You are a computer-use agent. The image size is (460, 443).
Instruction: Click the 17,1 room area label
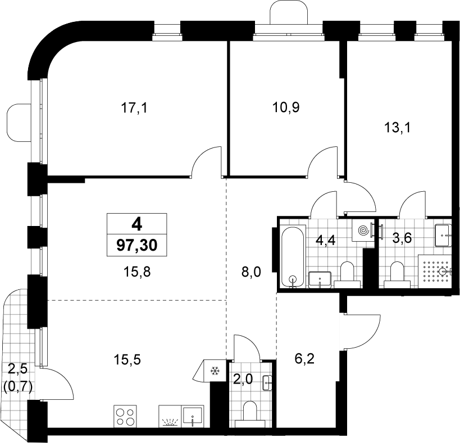click(x=134, y=108)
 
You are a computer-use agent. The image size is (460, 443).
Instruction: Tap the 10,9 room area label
click(x=286, y=107)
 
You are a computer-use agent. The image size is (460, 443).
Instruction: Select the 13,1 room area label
click(x=398, y=128)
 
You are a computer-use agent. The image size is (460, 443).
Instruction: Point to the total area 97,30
click(x=137, y=246)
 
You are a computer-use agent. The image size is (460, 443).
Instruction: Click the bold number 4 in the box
click(x=137, y=224)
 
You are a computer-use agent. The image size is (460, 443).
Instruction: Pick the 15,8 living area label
click(x=137, y=272)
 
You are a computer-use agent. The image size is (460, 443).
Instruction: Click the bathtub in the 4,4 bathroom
click(x=293, y=257)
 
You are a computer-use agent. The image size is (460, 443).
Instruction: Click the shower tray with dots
click(x=435, y=269)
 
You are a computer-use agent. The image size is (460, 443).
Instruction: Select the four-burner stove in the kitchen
click(x=125, y=417)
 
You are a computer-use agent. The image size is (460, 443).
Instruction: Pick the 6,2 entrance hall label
click(x=304, y=359)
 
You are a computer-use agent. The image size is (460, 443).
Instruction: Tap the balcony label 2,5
click(x=17, y=369)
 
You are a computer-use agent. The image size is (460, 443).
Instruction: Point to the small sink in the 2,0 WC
click(x=267, y=382)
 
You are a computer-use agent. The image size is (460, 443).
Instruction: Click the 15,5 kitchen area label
click(x=127, y=359)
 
